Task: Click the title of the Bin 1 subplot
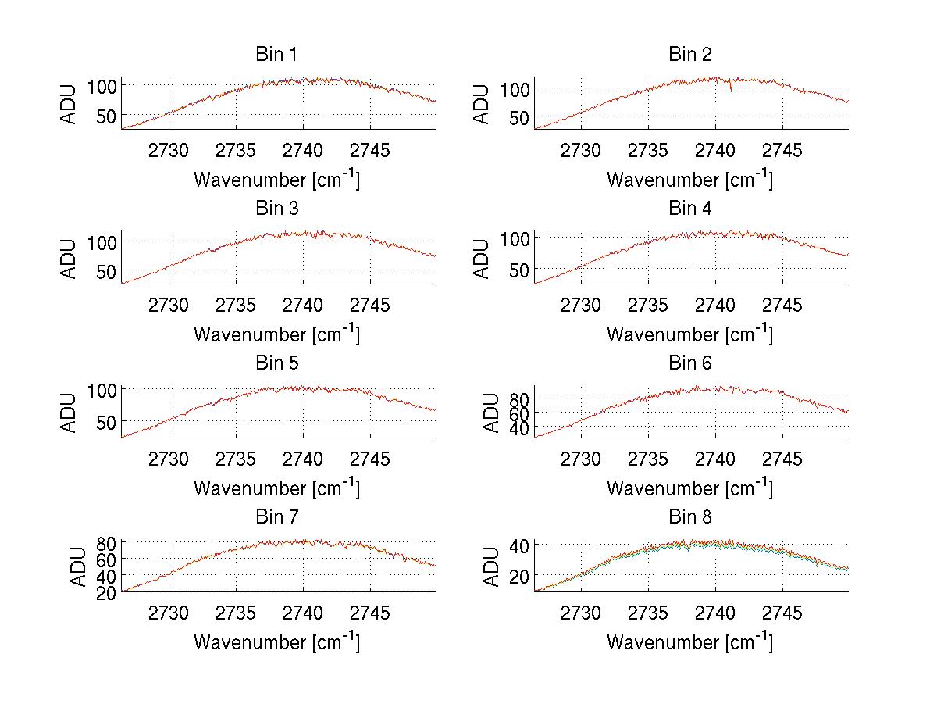(276, 55)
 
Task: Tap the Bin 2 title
(689, 55)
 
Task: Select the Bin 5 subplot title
(276, 363)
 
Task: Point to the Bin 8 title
(689, 517)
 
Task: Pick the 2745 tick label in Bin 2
(782, 151)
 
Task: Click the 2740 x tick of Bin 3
(303, 305)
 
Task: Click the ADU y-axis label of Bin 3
(70, 258)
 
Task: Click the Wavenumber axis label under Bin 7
(276, 642)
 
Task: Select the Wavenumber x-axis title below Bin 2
(689, 180)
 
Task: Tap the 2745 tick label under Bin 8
(782, 613)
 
